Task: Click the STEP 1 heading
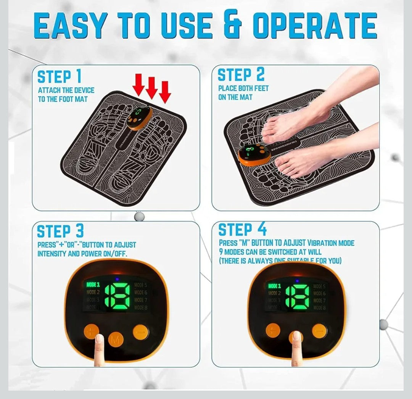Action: [x=59, y=77]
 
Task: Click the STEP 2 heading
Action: [x=241, y=75]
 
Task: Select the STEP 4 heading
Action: [x=242, y=230]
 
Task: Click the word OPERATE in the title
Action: [x=314, y=26]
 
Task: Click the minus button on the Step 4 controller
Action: [x=319, y=331]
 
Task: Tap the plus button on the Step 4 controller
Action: [x=273, y=330]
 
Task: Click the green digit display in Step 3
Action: [x=117, y=296]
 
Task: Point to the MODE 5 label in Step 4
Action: [x=319, y=286]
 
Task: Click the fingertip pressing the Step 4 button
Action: [x=296, y=338]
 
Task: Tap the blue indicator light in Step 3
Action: [x=117, y=279]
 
